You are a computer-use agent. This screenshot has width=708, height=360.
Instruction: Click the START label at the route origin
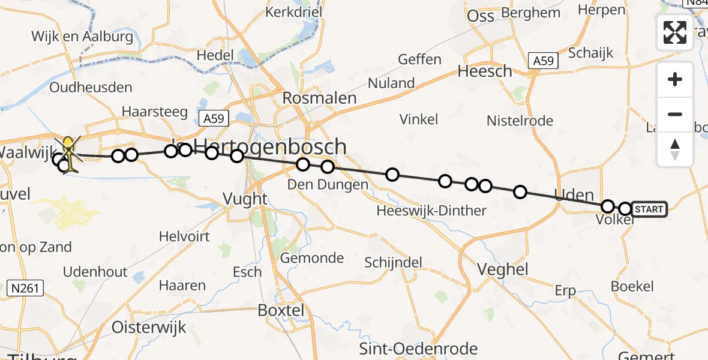[649, 209]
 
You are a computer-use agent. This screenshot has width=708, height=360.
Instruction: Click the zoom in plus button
[675, 80]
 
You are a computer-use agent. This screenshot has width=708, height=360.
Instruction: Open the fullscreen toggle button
[675, 32]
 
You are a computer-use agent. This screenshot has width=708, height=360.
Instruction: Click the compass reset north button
[675, 149]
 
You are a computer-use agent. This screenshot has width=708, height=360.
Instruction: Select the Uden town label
[574, 196]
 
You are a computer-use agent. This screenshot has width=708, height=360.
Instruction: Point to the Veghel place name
[503, 269]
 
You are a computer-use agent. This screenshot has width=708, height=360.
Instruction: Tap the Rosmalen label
[319, 98]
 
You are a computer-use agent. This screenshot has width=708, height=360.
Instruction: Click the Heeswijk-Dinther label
[431, 211]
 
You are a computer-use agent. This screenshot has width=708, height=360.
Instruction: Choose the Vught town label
[245, 199]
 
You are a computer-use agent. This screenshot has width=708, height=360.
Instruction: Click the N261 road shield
[25, 289]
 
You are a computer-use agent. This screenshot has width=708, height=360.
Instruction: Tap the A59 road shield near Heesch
[544, 61]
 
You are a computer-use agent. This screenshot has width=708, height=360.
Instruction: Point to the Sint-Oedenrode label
[418, 349]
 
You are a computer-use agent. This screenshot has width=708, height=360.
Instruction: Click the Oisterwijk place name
[149, 328]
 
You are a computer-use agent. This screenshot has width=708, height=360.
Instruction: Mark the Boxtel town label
[281, 310]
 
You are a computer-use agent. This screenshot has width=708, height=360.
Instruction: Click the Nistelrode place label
[520, 121]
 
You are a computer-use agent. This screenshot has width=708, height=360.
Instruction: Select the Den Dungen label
[327, 184]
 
